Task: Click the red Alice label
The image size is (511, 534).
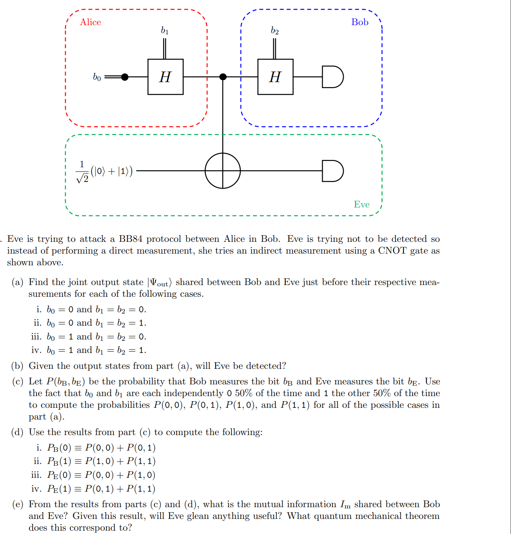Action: [90, 22]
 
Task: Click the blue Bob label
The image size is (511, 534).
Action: [360, 22]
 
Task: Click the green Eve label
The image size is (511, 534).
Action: [362, 205]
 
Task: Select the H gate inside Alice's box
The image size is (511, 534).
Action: [165, 77]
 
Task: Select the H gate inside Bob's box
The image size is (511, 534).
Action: [275, 77]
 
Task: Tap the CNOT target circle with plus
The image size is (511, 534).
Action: [223, 171]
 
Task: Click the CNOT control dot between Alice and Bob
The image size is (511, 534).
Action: [223, 77]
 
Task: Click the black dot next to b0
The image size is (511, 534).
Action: [125, 77]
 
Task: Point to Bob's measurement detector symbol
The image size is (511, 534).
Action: [333, 77]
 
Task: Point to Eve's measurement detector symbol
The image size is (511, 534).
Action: [333, 171]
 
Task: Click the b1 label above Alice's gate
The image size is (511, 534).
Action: [165, 31]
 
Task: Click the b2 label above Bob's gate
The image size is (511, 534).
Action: [275, 31]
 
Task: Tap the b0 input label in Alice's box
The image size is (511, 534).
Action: [97, 77]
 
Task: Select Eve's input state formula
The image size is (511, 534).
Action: [104, 171]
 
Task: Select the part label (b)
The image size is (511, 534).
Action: [18, 366]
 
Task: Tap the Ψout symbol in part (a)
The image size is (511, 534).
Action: [159, 283]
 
